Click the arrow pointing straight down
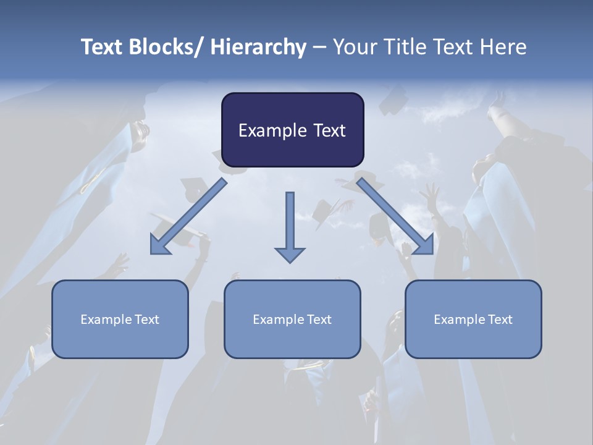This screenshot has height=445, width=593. point(290,222)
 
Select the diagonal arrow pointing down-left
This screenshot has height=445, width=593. point(188,216)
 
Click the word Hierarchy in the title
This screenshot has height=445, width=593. point(258,47)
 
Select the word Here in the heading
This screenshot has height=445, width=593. point(504,47)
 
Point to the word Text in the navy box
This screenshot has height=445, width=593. point(329,130)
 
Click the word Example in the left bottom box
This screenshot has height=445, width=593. point(106,320)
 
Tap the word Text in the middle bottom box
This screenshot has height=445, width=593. point(318,320)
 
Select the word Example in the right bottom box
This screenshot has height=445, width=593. point(460,320)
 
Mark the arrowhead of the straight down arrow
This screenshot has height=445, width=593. point(290,254)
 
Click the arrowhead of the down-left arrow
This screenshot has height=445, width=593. point(160,245)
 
